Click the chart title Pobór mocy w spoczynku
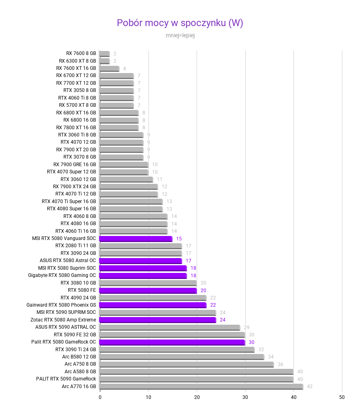180,23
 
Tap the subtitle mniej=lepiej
180,35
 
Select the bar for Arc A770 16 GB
201,386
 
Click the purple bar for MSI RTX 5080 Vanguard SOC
135,239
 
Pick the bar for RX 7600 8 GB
104,54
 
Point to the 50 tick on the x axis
342,397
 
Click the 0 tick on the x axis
100,397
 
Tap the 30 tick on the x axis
245,397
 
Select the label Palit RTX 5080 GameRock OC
64,342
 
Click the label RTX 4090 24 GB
78,298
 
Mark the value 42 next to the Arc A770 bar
309,386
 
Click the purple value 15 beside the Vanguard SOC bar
179,239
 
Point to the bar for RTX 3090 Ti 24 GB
177,350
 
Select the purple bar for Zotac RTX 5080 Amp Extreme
157,320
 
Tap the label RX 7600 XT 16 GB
76,68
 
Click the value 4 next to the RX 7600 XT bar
124,69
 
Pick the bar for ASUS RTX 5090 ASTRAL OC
169,327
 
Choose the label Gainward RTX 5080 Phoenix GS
61,305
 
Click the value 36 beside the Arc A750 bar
281,364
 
